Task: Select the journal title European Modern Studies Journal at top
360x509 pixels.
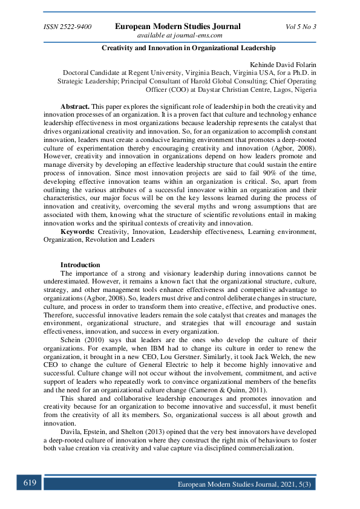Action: point(178,27)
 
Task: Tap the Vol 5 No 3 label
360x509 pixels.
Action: point(301,27)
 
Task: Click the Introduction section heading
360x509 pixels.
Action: point(80,265)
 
